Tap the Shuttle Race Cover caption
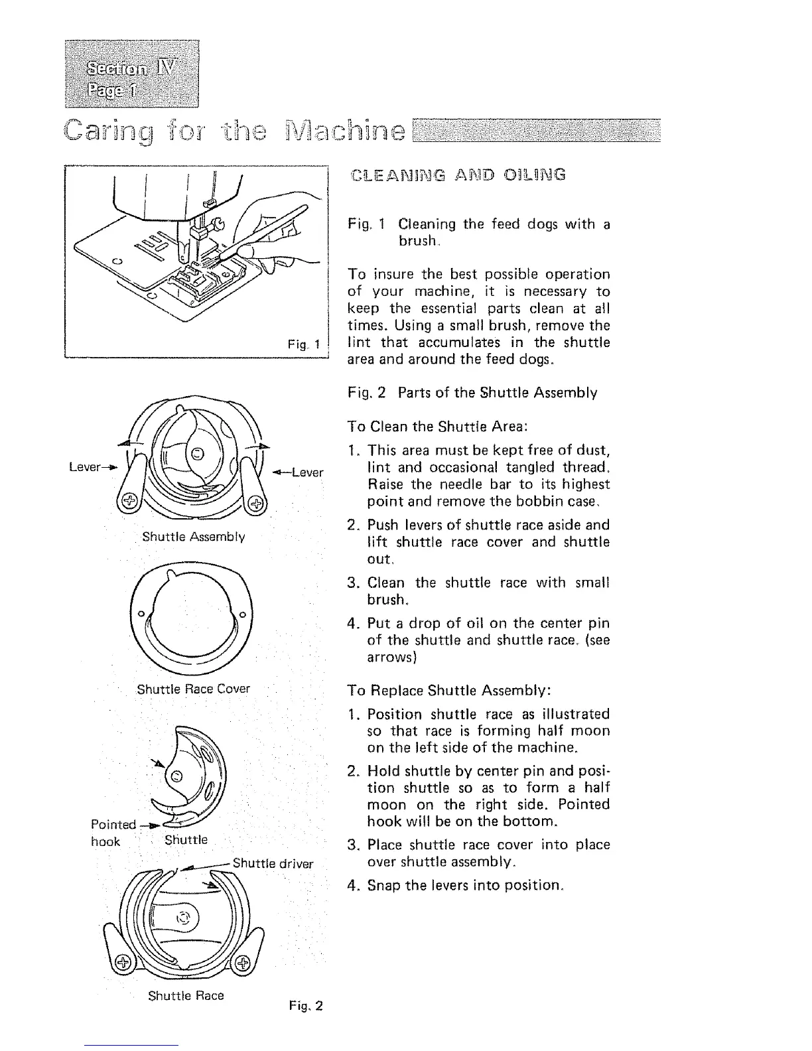(x=193, y=689)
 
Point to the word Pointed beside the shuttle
(x=112, y=825)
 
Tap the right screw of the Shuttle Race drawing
(x=243, y=963)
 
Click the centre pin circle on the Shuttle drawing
(x=176, y=777)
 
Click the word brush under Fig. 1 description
(x=416, y=242)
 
